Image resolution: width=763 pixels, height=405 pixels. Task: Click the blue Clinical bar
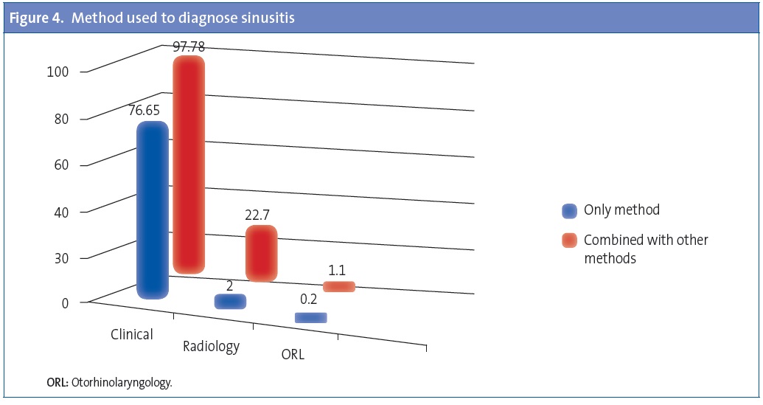tap(153, 210)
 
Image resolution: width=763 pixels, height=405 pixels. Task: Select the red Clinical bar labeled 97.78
tap(188, 164)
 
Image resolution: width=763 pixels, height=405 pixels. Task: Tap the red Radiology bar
tap(261, 253)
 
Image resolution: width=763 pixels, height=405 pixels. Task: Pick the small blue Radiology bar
tap(230, 301)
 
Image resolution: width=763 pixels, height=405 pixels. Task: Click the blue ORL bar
tap(310, 318)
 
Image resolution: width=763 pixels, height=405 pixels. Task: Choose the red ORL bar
tap(339, 286)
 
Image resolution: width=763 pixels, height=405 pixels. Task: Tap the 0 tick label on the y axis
tap(64, 301)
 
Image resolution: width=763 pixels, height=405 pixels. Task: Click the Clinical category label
tap(132, 334)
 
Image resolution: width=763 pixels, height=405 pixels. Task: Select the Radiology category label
tap(211, 346)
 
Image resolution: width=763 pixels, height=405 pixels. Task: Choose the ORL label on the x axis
tap(293, 354)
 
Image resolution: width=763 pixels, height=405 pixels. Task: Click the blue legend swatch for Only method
tap(568, 211)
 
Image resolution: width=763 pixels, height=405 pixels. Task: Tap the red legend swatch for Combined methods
tap(568, 241)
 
